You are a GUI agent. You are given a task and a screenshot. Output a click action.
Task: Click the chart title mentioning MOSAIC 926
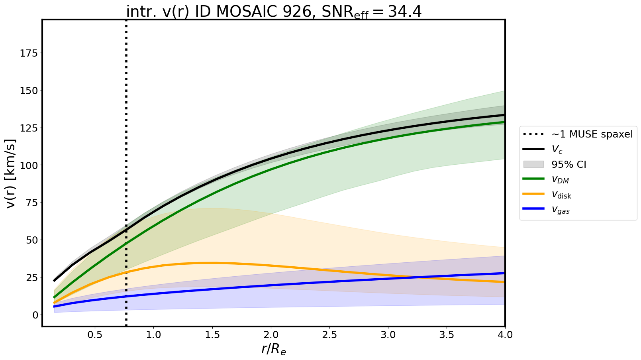[274, 12]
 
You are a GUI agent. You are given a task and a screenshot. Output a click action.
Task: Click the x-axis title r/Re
[274, 349]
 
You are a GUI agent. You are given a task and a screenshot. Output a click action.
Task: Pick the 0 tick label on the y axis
[35, 315]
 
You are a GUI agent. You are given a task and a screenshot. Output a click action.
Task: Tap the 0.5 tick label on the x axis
[95, 334]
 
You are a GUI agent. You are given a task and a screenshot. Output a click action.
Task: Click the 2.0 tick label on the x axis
[271, 334]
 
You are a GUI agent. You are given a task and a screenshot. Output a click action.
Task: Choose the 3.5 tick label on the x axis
[447, 334]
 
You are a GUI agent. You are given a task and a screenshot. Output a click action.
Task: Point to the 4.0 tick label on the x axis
[505, 334]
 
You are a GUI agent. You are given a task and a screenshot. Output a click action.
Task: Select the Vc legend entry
[557, 150]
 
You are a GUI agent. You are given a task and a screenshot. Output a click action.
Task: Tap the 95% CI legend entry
[568, 165]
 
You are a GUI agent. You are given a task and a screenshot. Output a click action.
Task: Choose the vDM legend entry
[560, 180]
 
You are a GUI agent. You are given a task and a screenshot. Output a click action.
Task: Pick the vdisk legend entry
[561, 195]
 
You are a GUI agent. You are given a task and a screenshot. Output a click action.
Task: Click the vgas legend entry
[561, 210]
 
